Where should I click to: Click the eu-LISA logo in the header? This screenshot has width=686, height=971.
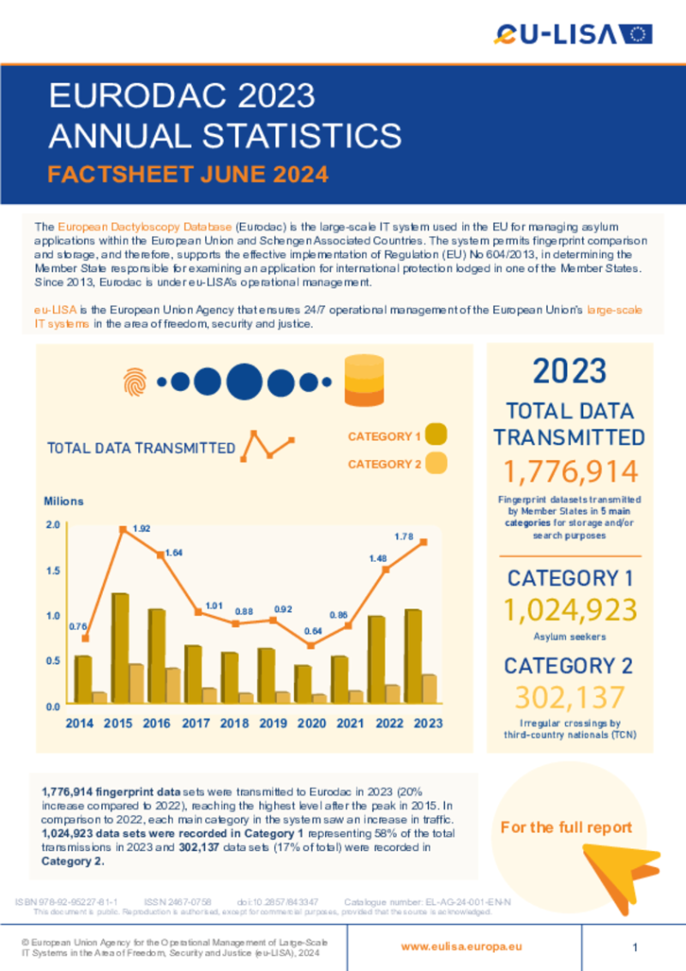coord(573,33)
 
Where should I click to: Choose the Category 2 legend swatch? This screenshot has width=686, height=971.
coord(436,464)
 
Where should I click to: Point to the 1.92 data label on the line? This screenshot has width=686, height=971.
coord(141,528)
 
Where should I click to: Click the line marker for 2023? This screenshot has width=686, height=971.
coord(424,542)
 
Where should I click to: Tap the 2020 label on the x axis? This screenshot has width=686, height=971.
coord(311,723)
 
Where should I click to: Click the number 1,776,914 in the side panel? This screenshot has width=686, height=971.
coord(569,472)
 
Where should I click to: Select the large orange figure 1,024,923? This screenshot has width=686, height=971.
coord(569,610)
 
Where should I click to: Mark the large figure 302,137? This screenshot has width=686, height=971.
coord(569,696)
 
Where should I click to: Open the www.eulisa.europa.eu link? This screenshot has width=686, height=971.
coord(461,946)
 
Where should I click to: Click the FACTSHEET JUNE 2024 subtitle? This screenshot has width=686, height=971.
coord(188,175)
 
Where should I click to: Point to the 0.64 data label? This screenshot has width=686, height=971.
coord(311,631)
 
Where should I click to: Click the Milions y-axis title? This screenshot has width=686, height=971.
coord(64,501)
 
